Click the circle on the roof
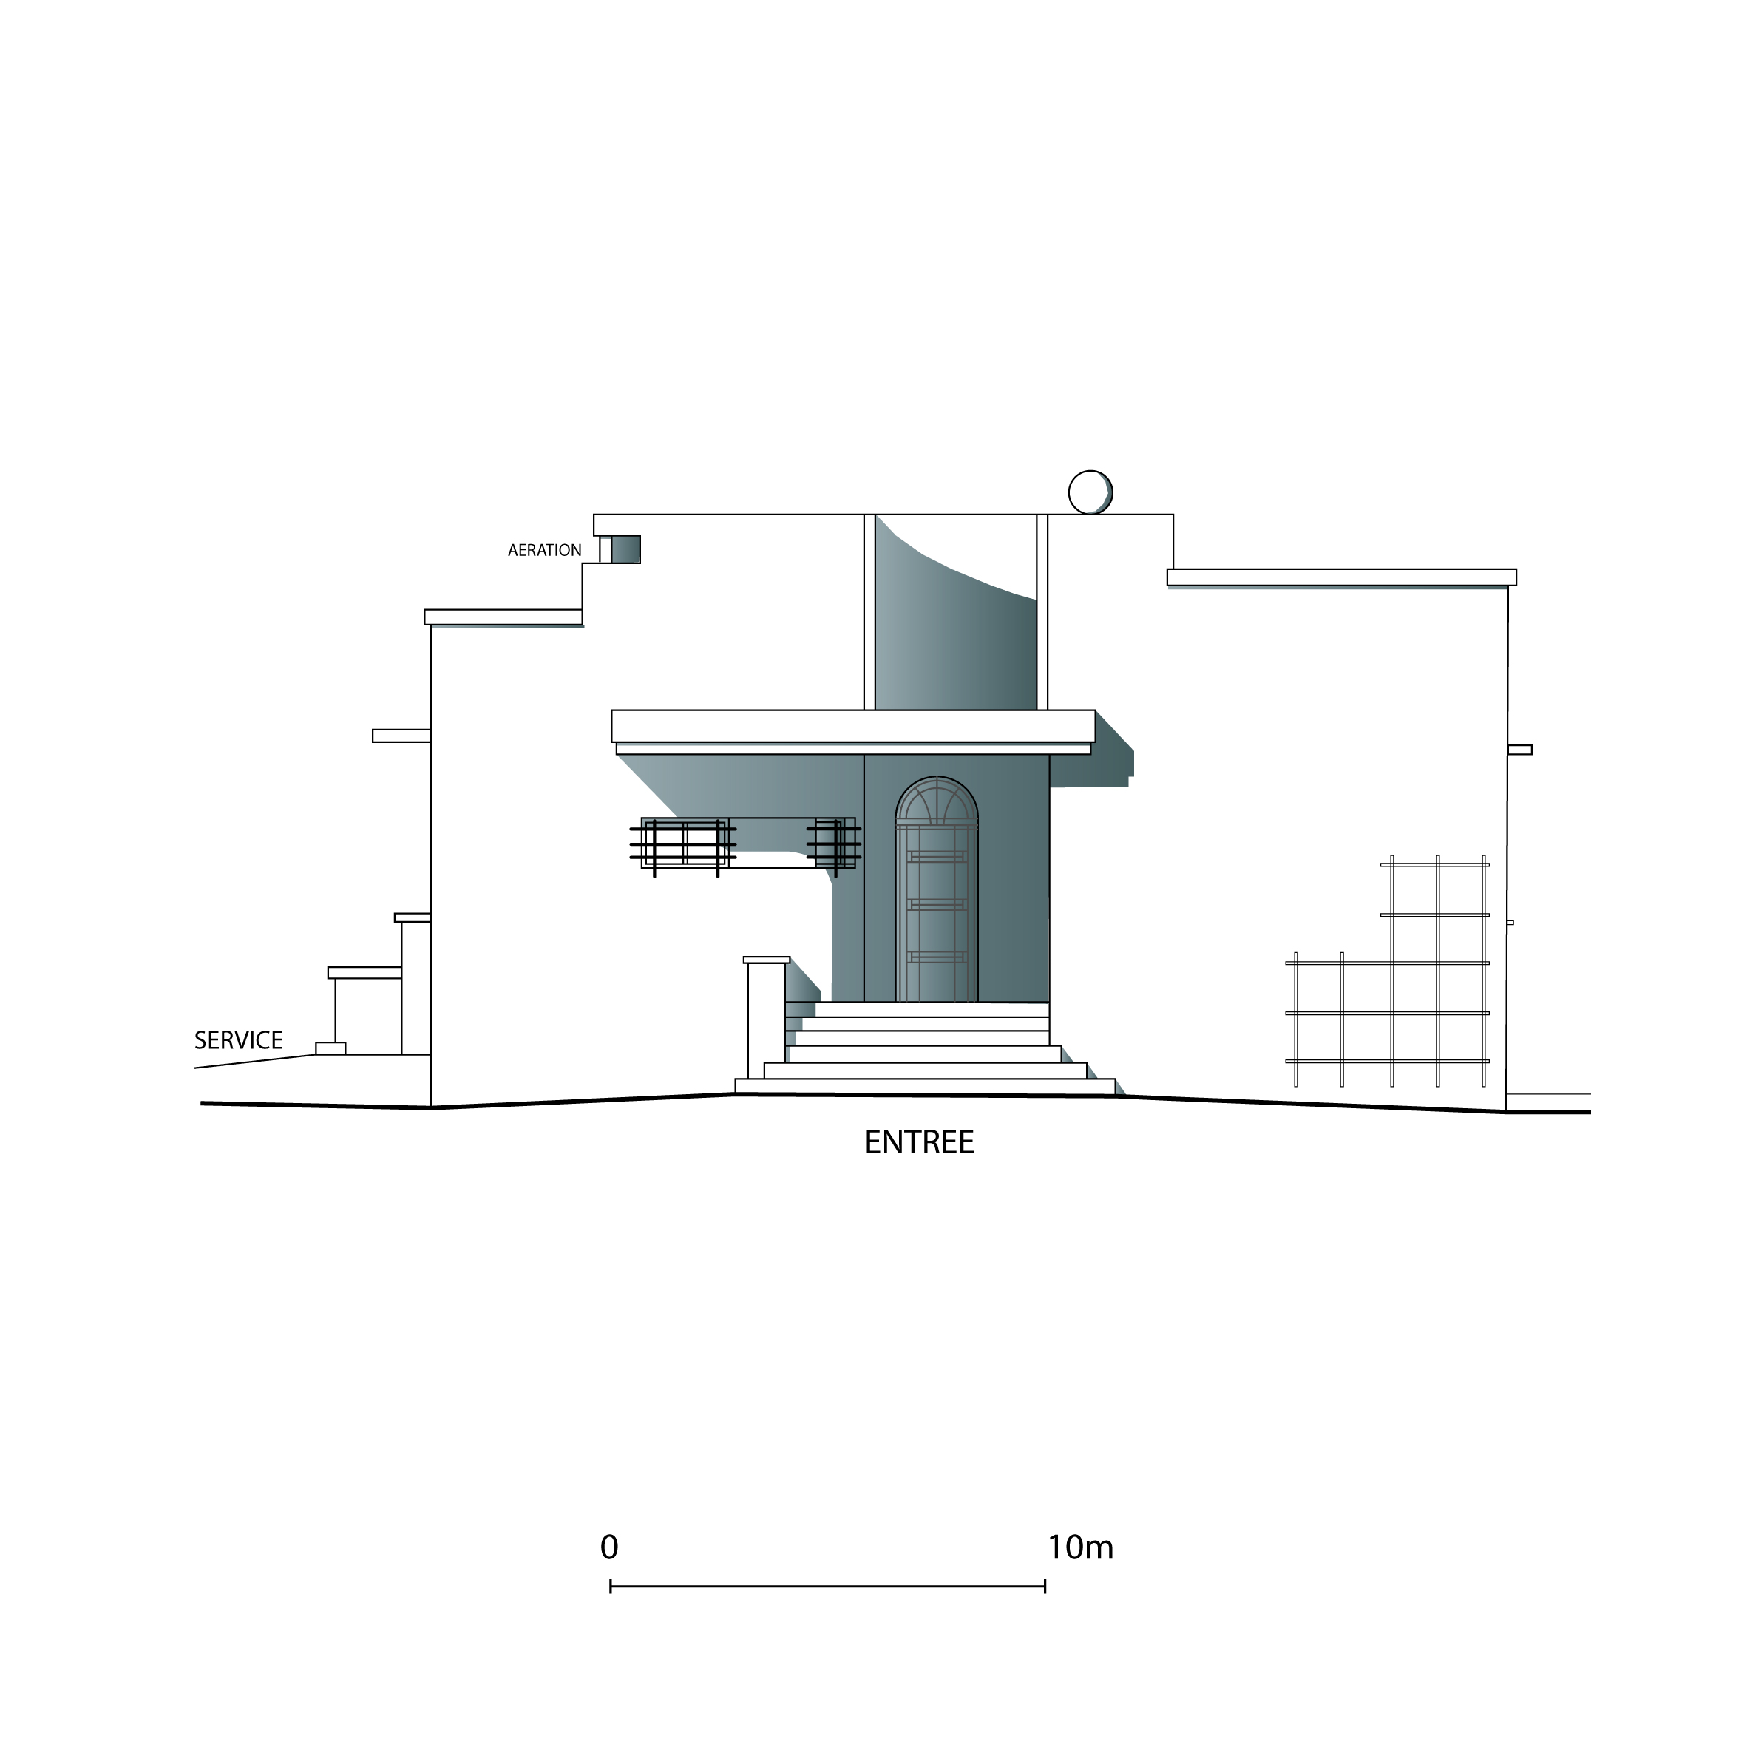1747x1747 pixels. click(1090, 493)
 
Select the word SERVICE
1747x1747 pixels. click(239, 1040)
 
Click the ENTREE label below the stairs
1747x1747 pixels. click(919, 1143)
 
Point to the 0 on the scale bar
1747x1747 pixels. click(609, 1547)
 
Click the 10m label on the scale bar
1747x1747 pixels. click(1081, 1547)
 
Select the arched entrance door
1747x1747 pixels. click(937, 890)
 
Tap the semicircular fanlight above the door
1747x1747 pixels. click(937, 800)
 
